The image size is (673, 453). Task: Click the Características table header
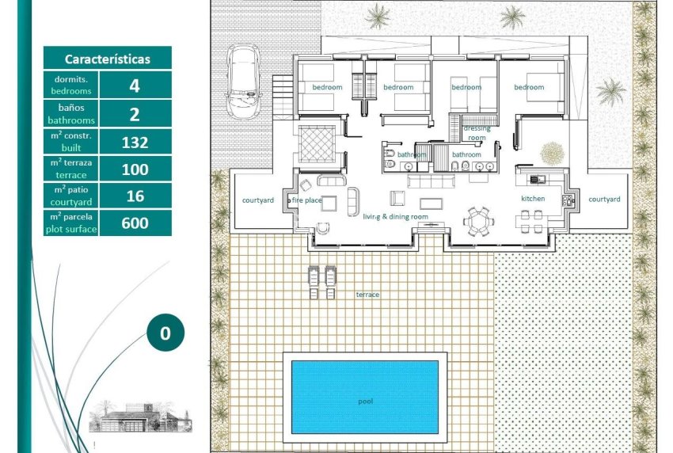point(107,59)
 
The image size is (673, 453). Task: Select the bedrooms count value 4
point(135,86)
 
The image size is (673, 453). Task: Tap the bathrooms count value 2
point(135,114)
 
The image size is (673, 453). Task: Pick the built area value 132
point(135,143)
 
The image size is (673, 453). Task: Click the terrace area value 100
point(135,169)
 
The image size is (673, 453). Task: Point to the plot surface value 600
point(135,223)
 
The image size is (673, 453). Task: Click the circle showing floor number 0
point(165,333)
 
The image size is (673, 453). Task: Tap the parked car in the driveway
point(243,79)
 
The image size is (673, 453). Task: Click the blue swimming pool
point(364,396)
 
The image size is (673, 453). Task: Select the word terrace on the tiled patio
point(367,295)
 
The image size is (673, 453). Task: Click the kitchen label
point(533,198)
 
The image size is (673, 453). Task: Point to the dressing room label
point(477,132)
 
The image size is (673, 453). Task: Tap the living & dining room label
point(395,216)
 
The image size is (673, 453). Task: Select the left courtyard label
point(257,200)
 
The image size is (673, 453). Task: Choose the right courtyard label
point(604,200)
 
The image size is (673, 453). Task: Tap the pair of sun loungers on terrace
point(321,280)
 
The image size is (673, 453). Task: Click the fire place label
point(308,200)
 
